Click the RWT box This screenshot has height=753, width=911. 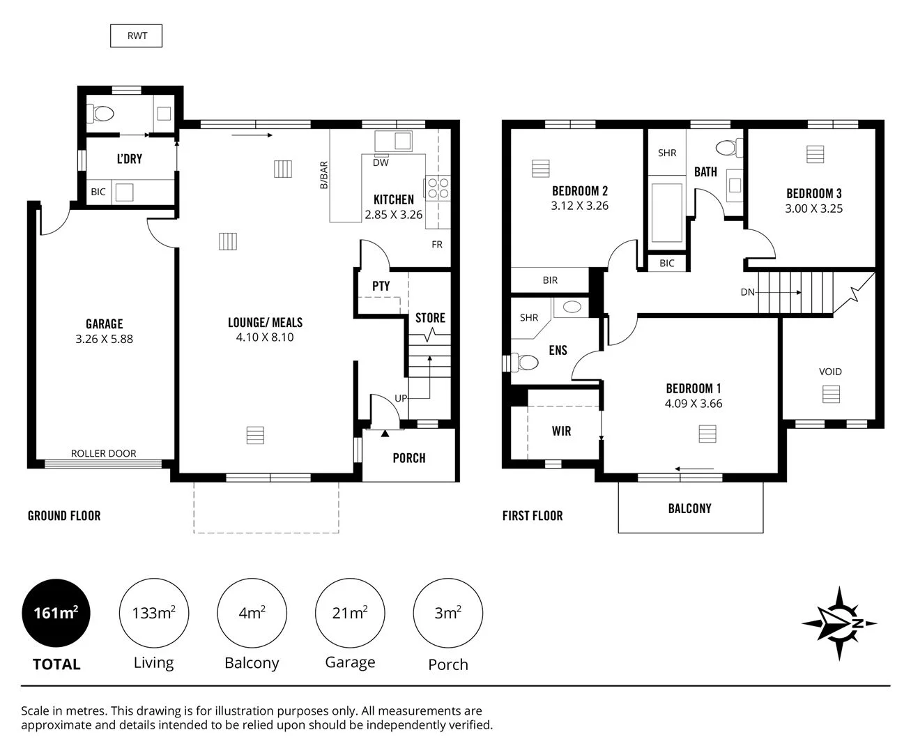point(137,36)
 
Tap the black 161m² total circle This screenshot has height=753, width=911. point(56,613)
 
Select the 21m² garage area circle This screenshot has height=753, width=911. point(350,613)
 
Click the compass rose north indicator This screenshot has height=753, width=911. point(839,623)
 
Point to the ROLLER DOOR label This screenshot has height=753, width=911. point(103,453)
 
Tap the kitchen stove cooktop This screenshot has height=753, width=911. point(438,188)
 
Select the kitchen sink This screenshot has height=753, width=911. point(394,141)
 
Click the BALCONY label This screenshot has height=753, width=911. point(689,508)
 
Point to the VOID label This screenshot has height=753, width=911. point(830,372)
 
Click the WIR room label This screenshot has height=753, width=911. point(561,431)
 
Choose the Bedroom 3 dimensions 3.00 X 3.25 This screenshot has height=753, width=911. point(813,208)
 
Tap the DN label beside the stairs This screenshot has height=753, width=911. point(747,292)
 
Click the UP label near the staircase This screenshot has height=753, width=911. point(401,398)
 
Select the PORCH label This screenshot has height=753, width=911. point(409,458)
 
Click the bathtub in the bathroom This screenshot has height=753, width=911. point(666,212)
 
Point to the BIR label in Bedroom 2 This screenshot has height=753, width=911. point(550,280)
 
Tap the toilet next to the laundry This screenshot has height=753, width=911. point(103,114)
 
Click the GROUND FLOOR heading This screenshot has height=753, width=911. point(64,516)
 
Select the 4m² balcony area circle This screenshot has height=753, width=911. point(252,613)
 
